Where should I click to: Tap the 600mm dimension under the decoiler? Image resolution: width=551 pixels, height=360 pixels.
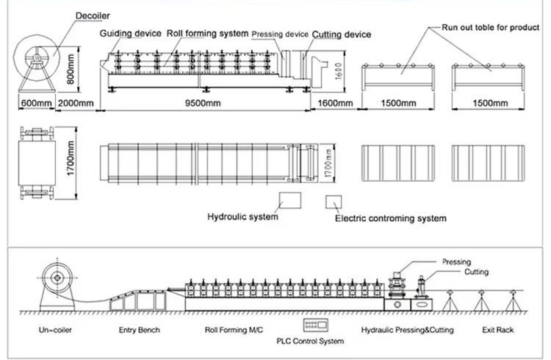tap(36, 104)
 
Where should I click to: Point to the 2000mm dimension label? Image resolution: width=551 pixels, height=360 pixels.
tap(76, 104)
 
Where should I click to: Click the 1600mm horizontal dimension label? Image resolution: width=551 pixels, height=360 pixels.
tap(335, 104)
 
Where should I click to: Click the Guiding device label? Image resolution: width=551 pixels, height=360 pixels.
tap(131, 34)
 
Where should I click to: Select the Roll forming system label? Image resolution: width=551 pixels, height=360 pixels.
tap(207, 34)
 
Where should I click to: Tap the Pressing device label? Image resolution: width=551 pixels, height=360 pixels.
tap(280, 35)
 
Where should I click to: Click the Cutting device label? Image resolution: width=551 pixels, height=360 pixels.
tap(341, 35)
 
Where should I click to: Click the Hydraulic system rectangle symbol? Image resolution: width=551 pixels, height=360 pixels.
tap(290, 201)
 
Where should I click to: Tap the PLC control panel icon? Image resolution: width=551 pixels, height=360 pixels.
tap(314, 325)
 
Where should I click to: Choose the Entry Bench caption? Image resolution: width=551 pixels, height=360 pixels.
tap(139, 331)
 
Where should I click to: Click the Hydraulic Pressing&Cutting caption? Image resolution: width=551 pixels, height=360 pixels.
tap(407, 331)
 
